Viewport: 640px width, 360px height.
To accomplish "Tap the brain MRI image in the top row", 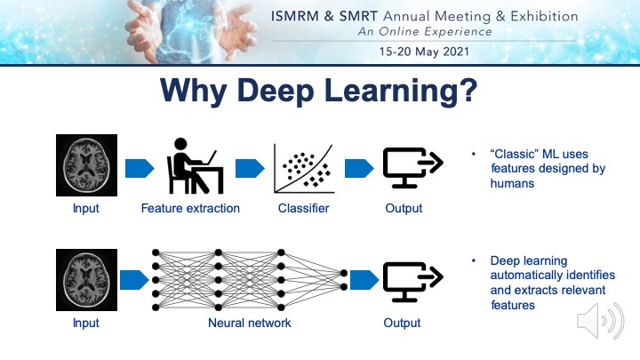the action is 85,164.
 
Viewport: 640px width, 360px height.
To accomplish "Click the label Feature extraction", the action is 190,209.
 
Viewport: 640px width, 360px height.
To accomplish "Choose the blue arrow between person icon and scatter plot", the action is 248,167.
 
